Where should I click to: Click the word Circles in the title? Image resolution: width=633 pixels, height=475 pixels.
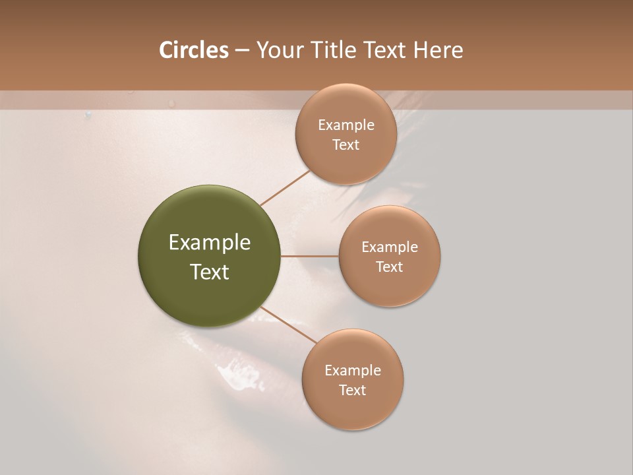[193, 50]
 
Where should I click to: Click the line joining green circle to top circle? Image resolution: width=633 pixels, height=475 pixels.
[285, 187]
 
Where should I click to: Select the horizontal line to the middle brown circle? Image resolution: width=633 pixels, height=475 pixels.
[309, 256]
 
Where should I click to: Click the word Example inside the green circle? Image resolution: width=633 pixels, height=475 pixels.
[210, 243]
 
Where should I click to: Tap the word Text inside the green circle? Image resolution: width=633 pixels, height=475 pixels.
[210, 272]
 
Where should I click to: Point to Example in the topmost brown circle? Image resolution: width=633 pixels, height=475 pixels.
[346, 125]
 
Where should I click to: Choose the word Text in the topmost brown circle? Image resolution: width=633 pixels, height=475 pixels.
[346, 145]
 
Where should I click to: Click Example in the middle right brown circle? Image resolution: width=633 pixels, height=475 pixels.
[390, 247]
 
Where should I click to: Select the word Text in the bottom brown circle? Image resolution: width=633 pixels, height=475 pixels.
[353, 391]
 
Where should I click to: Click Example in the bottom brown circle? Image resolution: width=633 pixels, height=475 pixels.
[353, 371]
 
